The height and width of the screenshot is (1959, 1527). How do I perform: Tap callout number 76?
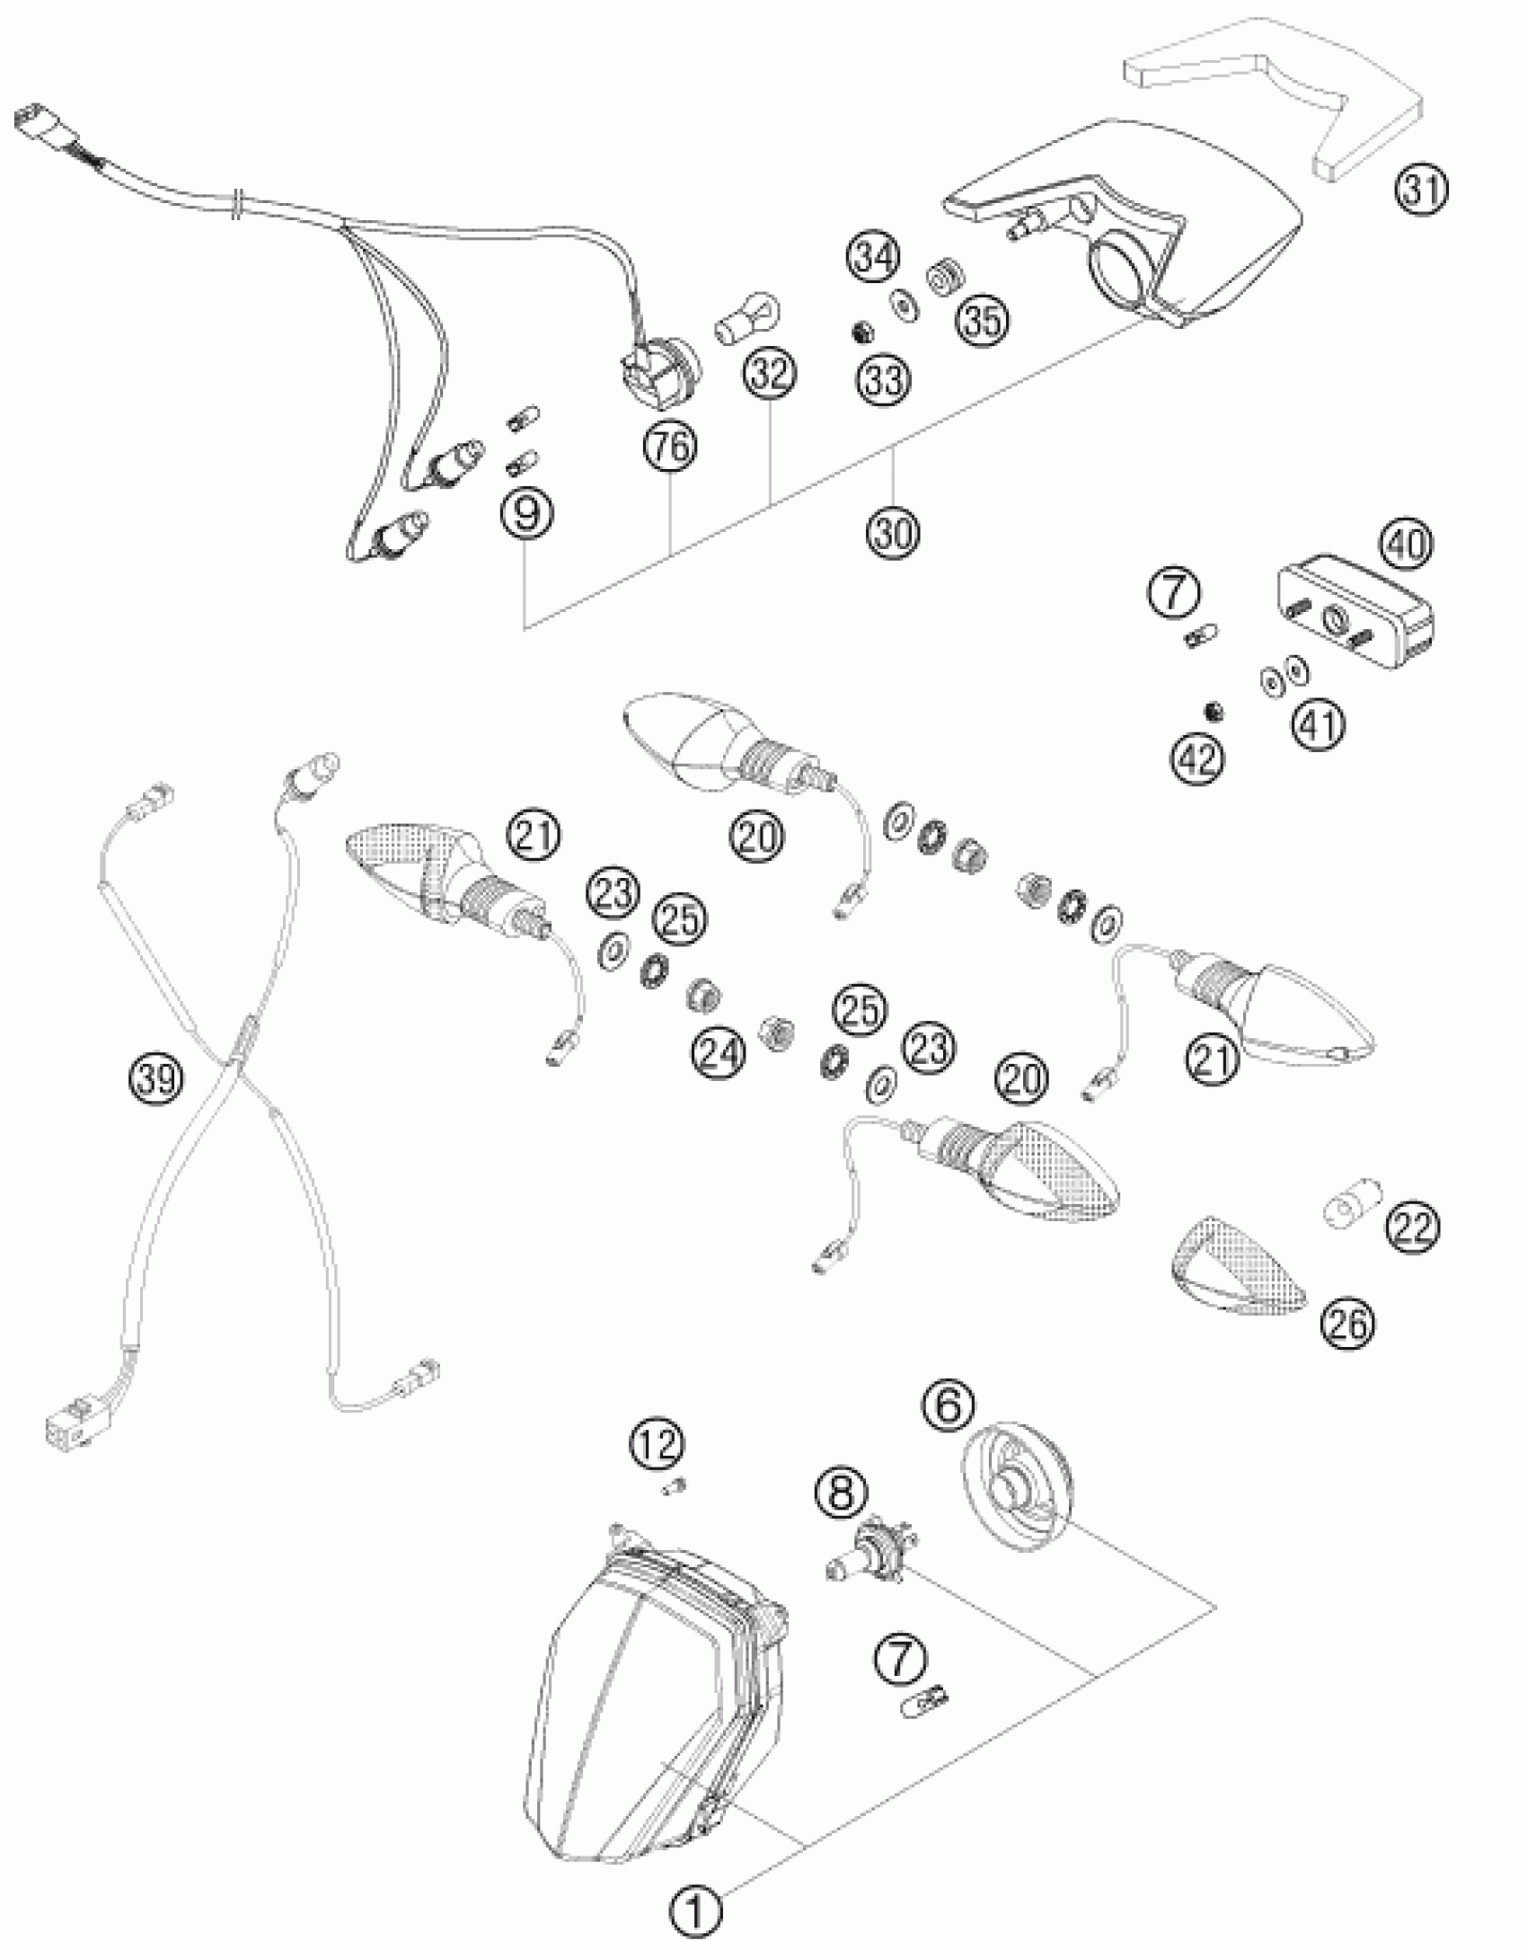[x=671, y=447]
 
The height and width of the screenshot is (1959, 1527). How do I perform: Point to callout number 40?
[x=1408, y=545]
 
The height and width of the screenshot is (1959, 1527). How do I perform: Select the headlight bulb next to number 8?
[x=867, y=1562]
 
